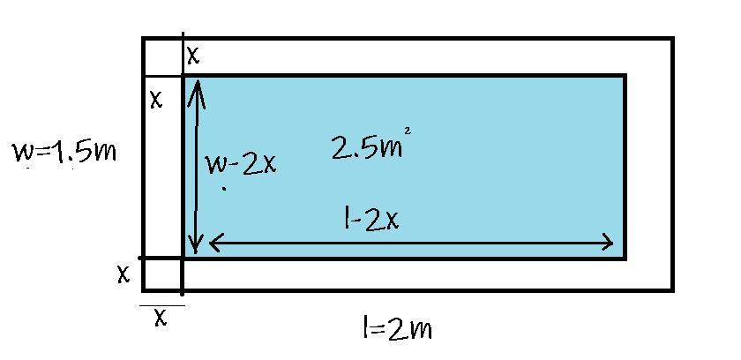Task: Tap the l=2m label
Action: point(396,329)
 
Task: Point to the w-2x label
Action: point(241,163)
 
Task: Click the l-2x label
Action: point(371,218)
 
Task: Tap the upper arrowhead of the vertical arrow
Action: point(198,84)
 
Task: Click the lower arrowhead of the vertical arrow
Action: point(198,250)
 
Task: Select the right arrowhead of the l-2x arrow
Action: point(609,242)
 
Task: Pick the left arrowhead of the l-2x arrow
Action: point(212,242)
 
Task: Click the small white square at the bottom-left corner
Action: point(162,274)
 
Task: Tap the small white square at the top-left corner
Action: point(162,57)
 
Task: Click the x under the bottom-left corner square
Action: point(161,317)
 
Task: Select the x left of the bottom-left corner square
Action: point(123,274)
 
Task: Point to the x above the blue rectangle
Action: point(193,56)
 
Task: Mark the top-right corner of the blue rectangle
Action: point(625,77)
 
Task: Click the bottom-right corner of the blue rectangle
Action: point(625,259)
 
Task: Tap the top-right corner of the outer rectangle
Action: point(672,39)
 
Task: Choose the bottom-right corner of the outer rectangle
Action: point(672,289)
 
